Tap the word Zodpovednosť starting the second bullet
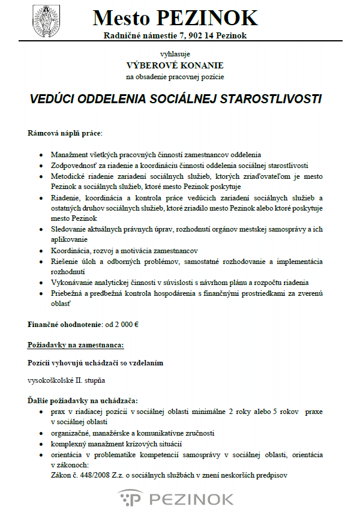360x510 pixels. click(76, 165)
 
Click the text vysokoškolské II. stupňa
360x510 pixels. click(67, 380)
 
